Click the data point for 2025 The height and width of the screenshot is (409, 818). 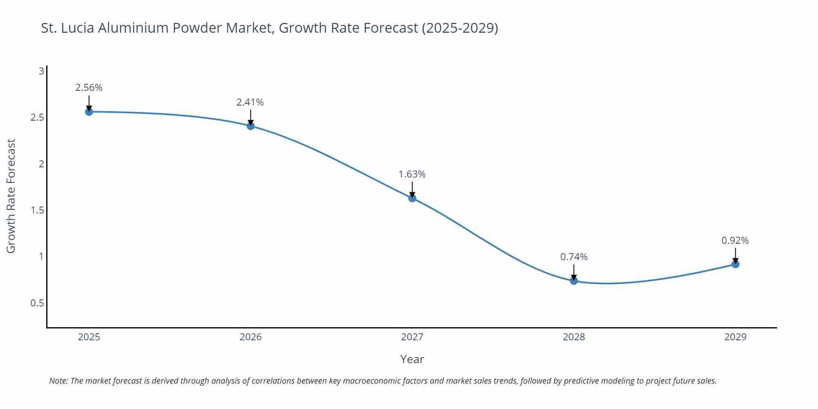89,112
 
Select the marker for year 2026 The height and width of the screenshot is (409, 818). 251,126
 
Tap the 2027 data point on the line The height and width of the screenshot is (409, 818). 412,198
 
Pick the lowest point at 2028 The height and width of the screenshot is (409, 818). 574,281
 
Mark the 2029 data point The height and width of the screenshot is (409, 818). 735,264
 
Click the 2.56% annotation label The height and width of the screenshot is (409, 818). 89,88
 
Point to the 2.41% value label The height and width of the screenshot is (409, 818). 250,102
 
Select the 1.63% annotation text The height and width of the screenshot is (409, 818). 412,174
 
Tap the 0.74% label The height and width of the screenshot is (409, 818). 574,257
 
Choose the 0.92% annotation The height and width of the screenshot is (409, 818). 735,240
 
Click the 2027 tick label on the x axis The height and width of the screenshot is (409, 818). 412,337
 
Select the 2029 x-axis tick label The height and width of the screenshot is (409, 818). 735,337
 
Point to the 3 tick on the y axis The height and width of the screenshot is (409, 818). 41,71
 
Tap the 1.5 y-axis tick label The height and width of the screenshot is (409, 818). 37,210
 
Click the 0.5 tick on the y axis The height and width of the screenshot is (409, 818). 37,303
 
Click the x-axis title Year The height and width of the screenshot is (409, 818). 412,359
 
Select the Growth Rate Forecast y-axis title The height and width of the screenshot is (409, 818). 11,196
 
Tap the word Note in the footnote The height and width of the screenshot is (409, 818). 58,381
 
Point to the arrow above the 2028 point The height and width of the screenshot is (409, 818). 574,272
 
